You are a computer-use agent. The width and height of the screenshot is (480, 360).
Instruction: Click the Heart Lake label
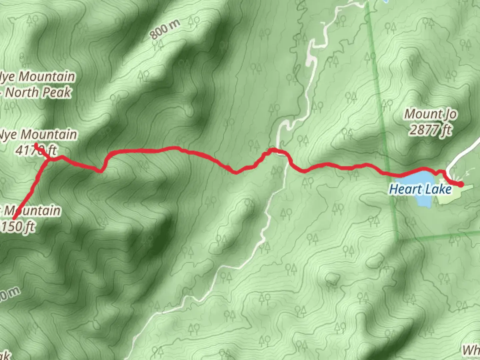[x=420, y=189]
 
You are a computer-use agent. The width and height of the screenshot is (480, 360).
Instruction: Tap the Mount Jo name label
[x=430, y=114]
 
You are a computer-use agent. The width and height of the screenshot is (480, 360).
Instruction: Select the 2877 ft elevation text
[x=430, y=130]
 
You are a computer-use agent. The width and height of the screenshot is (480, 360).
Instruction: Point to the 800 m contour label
[x=165, y=29]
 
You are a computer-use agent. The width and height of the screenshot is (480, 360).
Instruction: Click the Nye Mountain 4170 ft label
[x=37, y=142]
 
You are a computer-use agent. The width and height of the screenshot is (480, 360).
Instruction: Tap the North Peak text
[x=38, y=92]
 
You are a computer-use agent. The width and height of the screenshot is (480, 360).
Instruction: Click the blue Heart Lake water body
[x=422, y=200]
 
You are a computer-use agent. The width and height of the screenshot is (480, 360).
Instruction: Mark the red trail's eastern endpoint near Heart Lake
[x=461, y=184]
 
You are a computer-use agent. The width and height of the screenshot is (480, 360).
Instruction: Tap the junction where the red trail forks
[x=49, y=160]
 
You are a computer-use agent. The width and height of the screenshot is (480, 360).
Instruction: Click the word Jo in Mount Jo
[x=449, y=114]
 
